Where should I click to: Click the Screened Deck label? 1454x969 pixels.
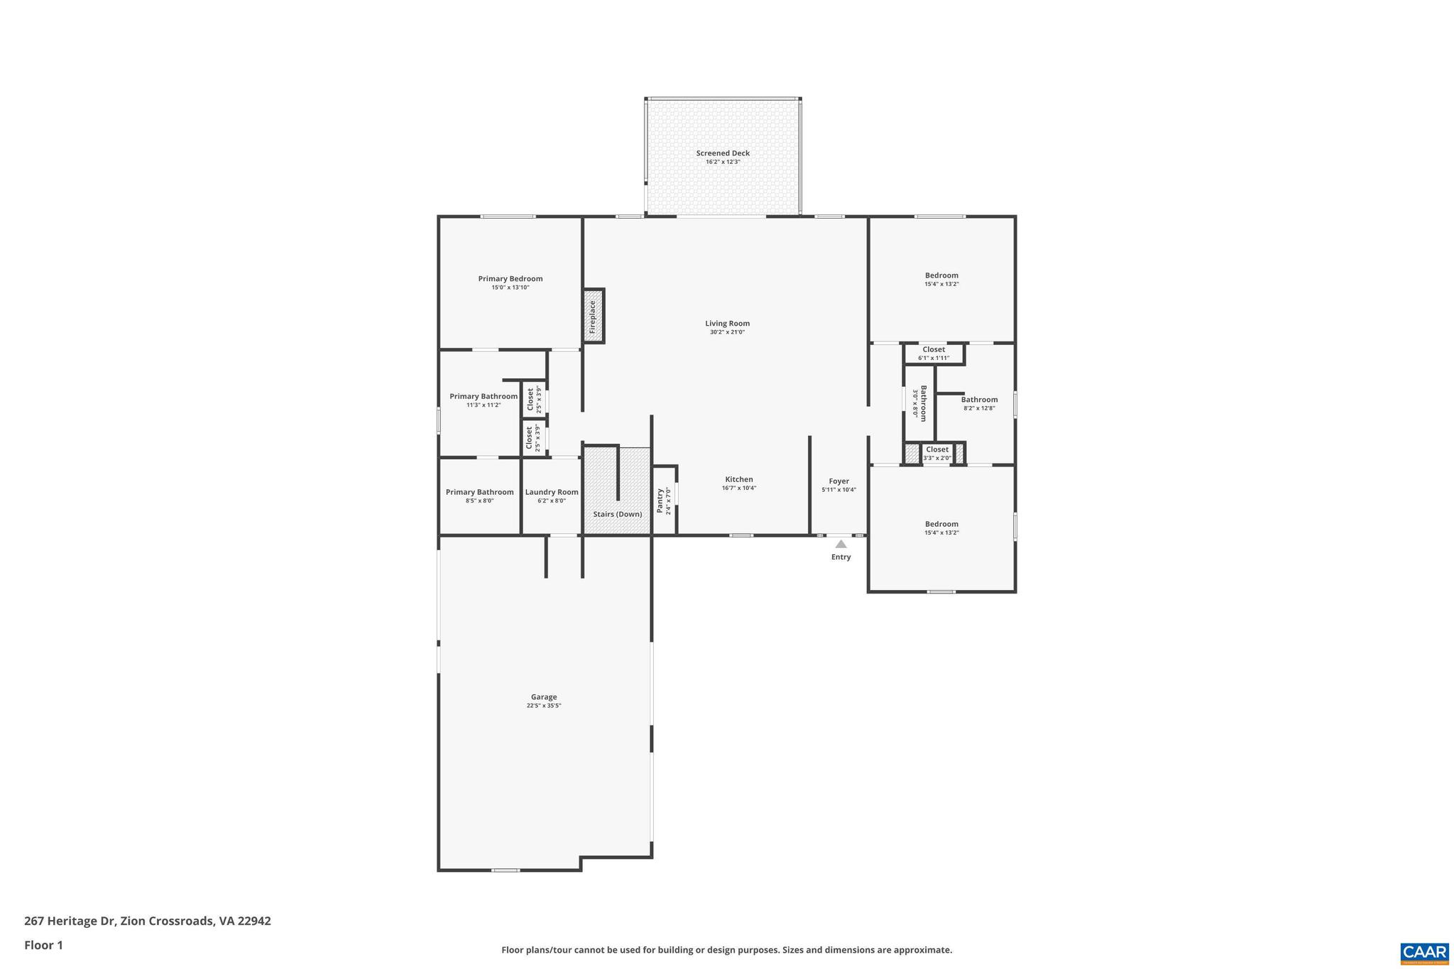723,153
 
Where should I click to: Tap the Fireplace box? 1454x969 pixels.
593,317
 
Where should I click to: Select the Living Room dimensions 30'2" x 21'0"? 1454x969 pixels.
727,332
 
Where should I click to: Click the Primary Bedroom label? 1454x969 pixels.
510,279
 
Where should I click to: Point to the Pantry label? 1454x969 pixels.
660,500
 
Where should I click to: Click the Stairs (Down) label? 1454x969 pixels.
617,514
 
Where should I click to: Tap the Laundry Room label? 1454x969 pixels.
552,492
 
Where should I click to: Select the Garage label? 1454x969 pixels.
544,697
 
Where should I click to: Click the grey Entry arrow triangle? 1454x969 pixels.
841,544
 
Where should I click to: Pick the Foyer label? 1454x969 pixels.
838,481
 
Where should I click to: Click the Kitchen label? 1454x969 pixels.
738,479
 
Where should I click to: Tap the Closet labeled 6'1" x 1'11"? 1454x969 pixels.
934,349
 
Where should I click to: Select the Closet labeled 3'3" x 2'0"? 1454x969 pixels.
937,449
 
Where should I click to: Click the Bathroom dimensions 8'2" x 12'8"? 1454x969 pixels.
979,408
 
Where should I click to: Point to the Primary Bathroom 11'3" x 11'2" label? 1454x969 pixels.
483,397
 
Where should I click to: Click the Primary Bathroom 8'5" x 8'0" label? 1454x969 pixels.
479,492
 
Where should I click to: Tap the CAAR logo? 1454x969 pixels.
1424,953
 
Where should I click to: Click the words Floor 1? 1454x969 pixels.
43,945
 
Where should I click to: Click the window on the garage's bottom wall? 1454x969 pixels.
505,870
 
